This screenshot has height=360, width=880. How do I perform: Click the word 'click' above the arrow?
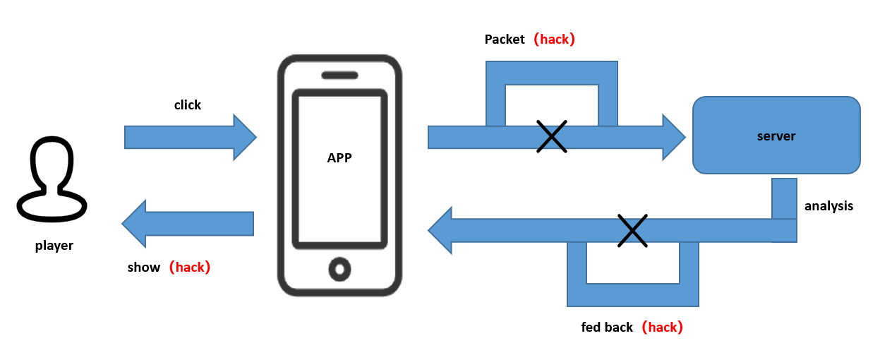point(188,105)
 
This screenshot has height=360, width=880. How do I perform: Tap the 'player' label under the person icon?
point(54,246)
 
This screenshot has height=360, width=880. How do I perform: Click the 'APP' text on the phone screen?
point(339,158)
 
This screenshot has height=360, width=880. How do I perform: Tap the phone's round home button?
point(340,268)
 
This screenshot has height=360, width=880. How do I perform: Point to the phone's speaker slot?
point(339,76)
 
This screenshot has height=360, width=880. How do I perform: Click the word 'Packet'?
point(505,40)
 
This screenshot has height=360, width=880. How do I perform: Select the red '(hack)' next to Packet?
point(554,40)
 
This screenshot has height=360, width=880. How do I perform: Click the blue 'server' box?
point(776,136)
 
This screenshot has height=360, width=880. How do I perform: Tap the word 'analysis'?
point(828,206)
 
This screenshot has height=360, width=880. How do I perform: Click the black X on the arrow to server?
point(551,136)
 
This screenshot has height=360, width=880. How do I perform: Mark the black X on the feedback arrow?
point(632,231)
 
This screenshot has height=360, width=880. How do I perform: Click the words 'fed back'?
point(607,328)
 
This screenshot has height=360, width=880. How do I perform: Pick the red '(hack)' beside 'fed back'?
point(662,328)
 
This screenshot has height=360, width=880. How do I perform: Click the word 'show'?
point(144,268)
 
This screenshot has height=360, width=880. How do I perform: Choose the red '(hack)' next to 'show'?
point(190,268)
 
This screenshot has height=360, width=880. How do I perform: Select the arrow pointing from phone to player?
point(188,224)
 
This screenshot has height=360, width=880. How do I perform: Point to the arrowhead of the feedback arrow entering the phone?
point(442,230)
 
